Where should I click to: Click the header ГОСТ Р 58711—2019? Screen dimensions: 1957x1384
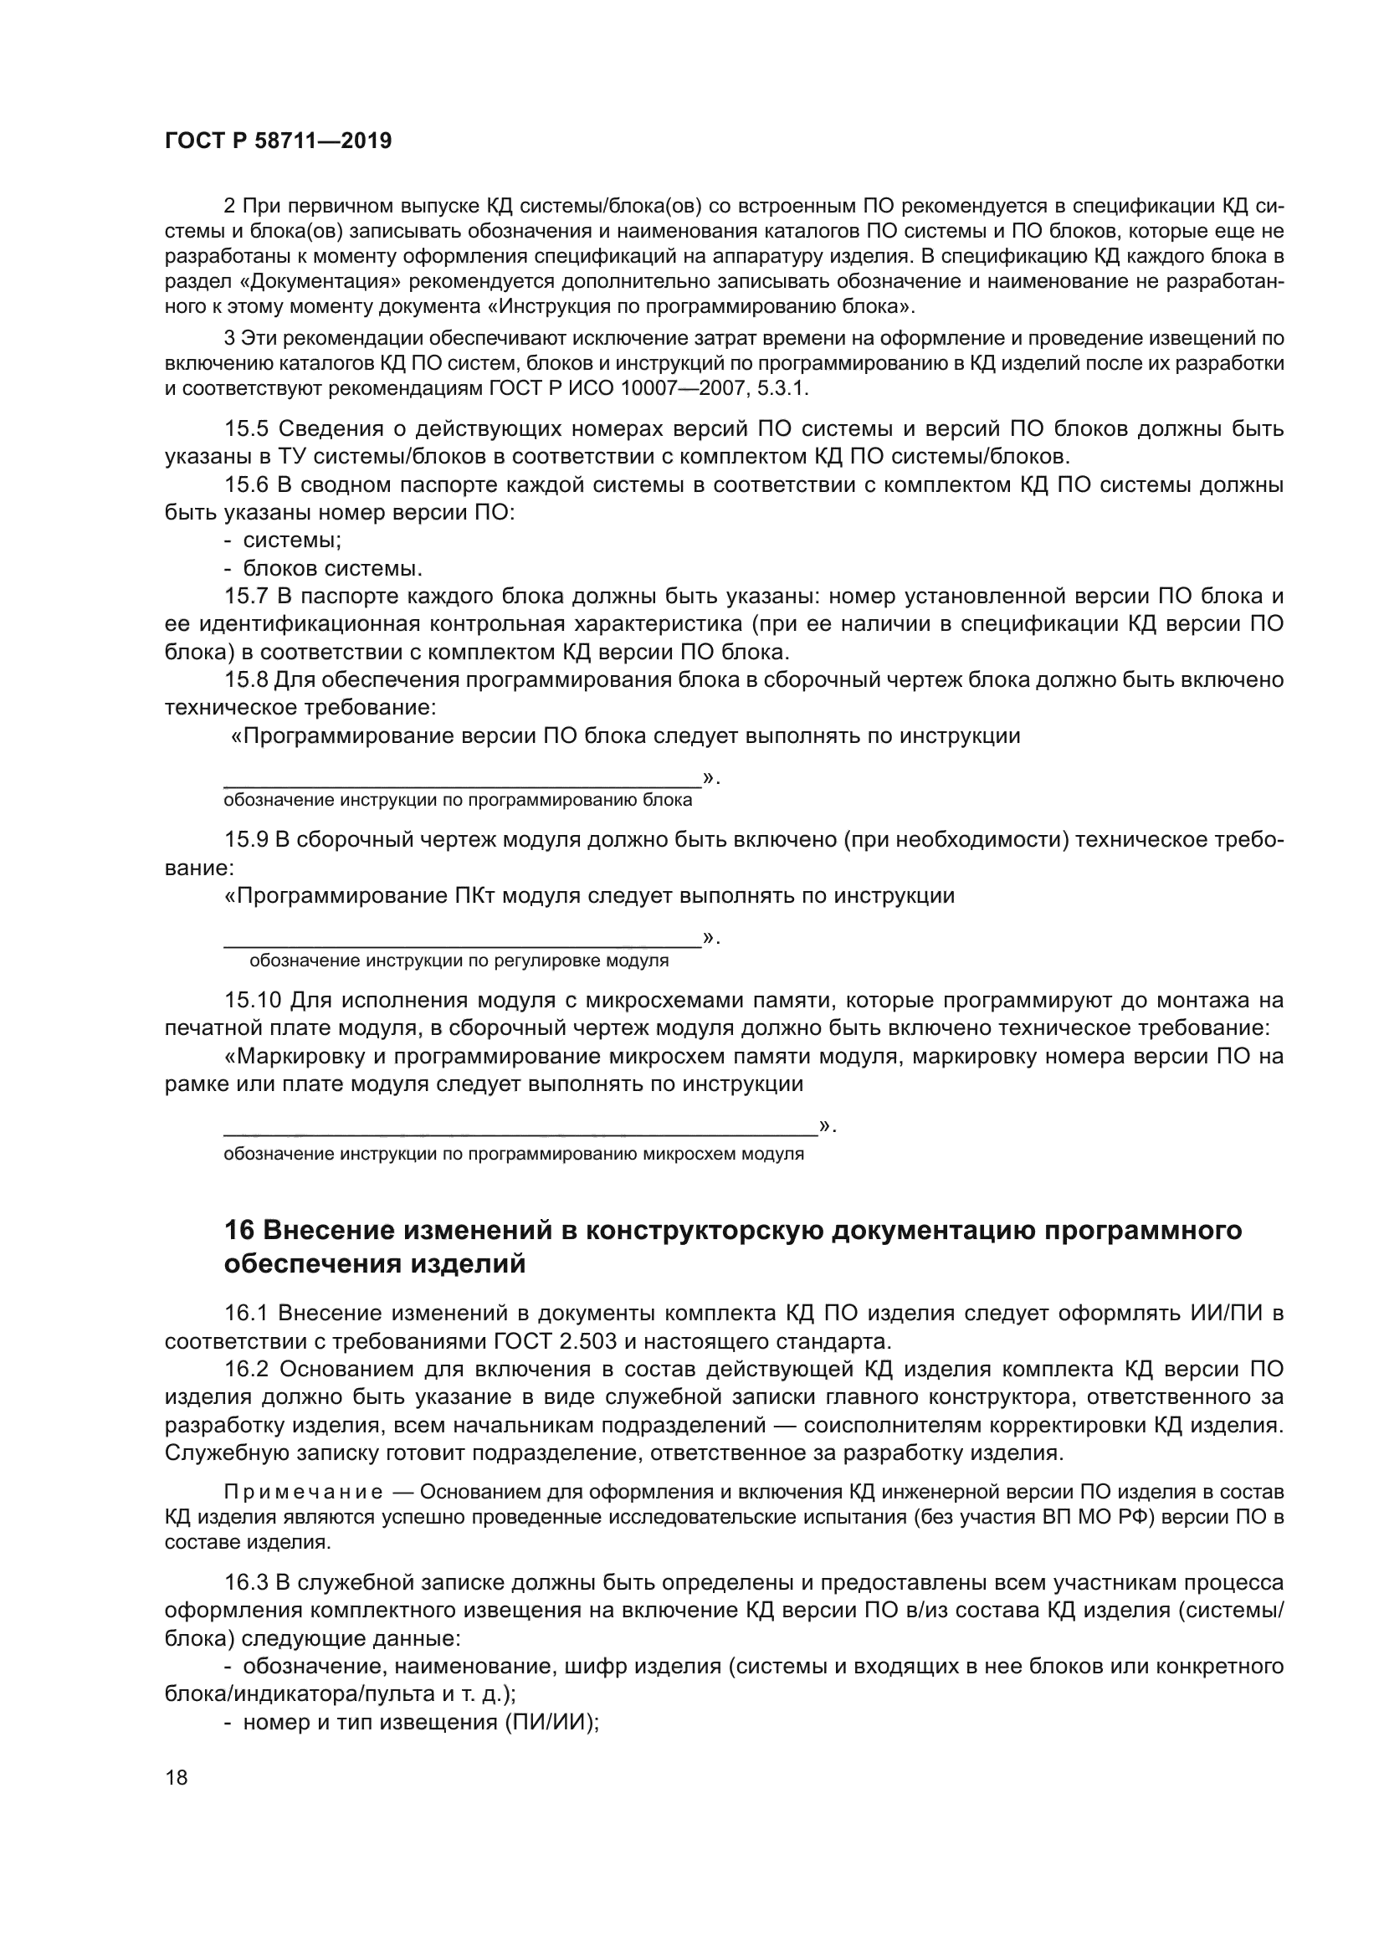[278, 141]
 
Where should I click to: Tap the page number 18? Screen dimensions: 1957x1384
[177, 1777]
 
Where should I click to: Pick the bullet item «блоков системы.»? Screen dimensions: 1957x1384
[332, 568]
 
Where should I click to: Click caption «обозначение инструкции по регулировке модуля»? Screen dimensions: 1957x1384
[459, 961]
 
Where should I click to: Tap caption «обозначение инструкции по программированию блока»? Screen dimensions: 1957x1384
[458, 801]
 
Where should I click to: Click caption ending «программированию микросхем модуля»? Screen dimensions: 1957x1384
[513, 1154]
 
